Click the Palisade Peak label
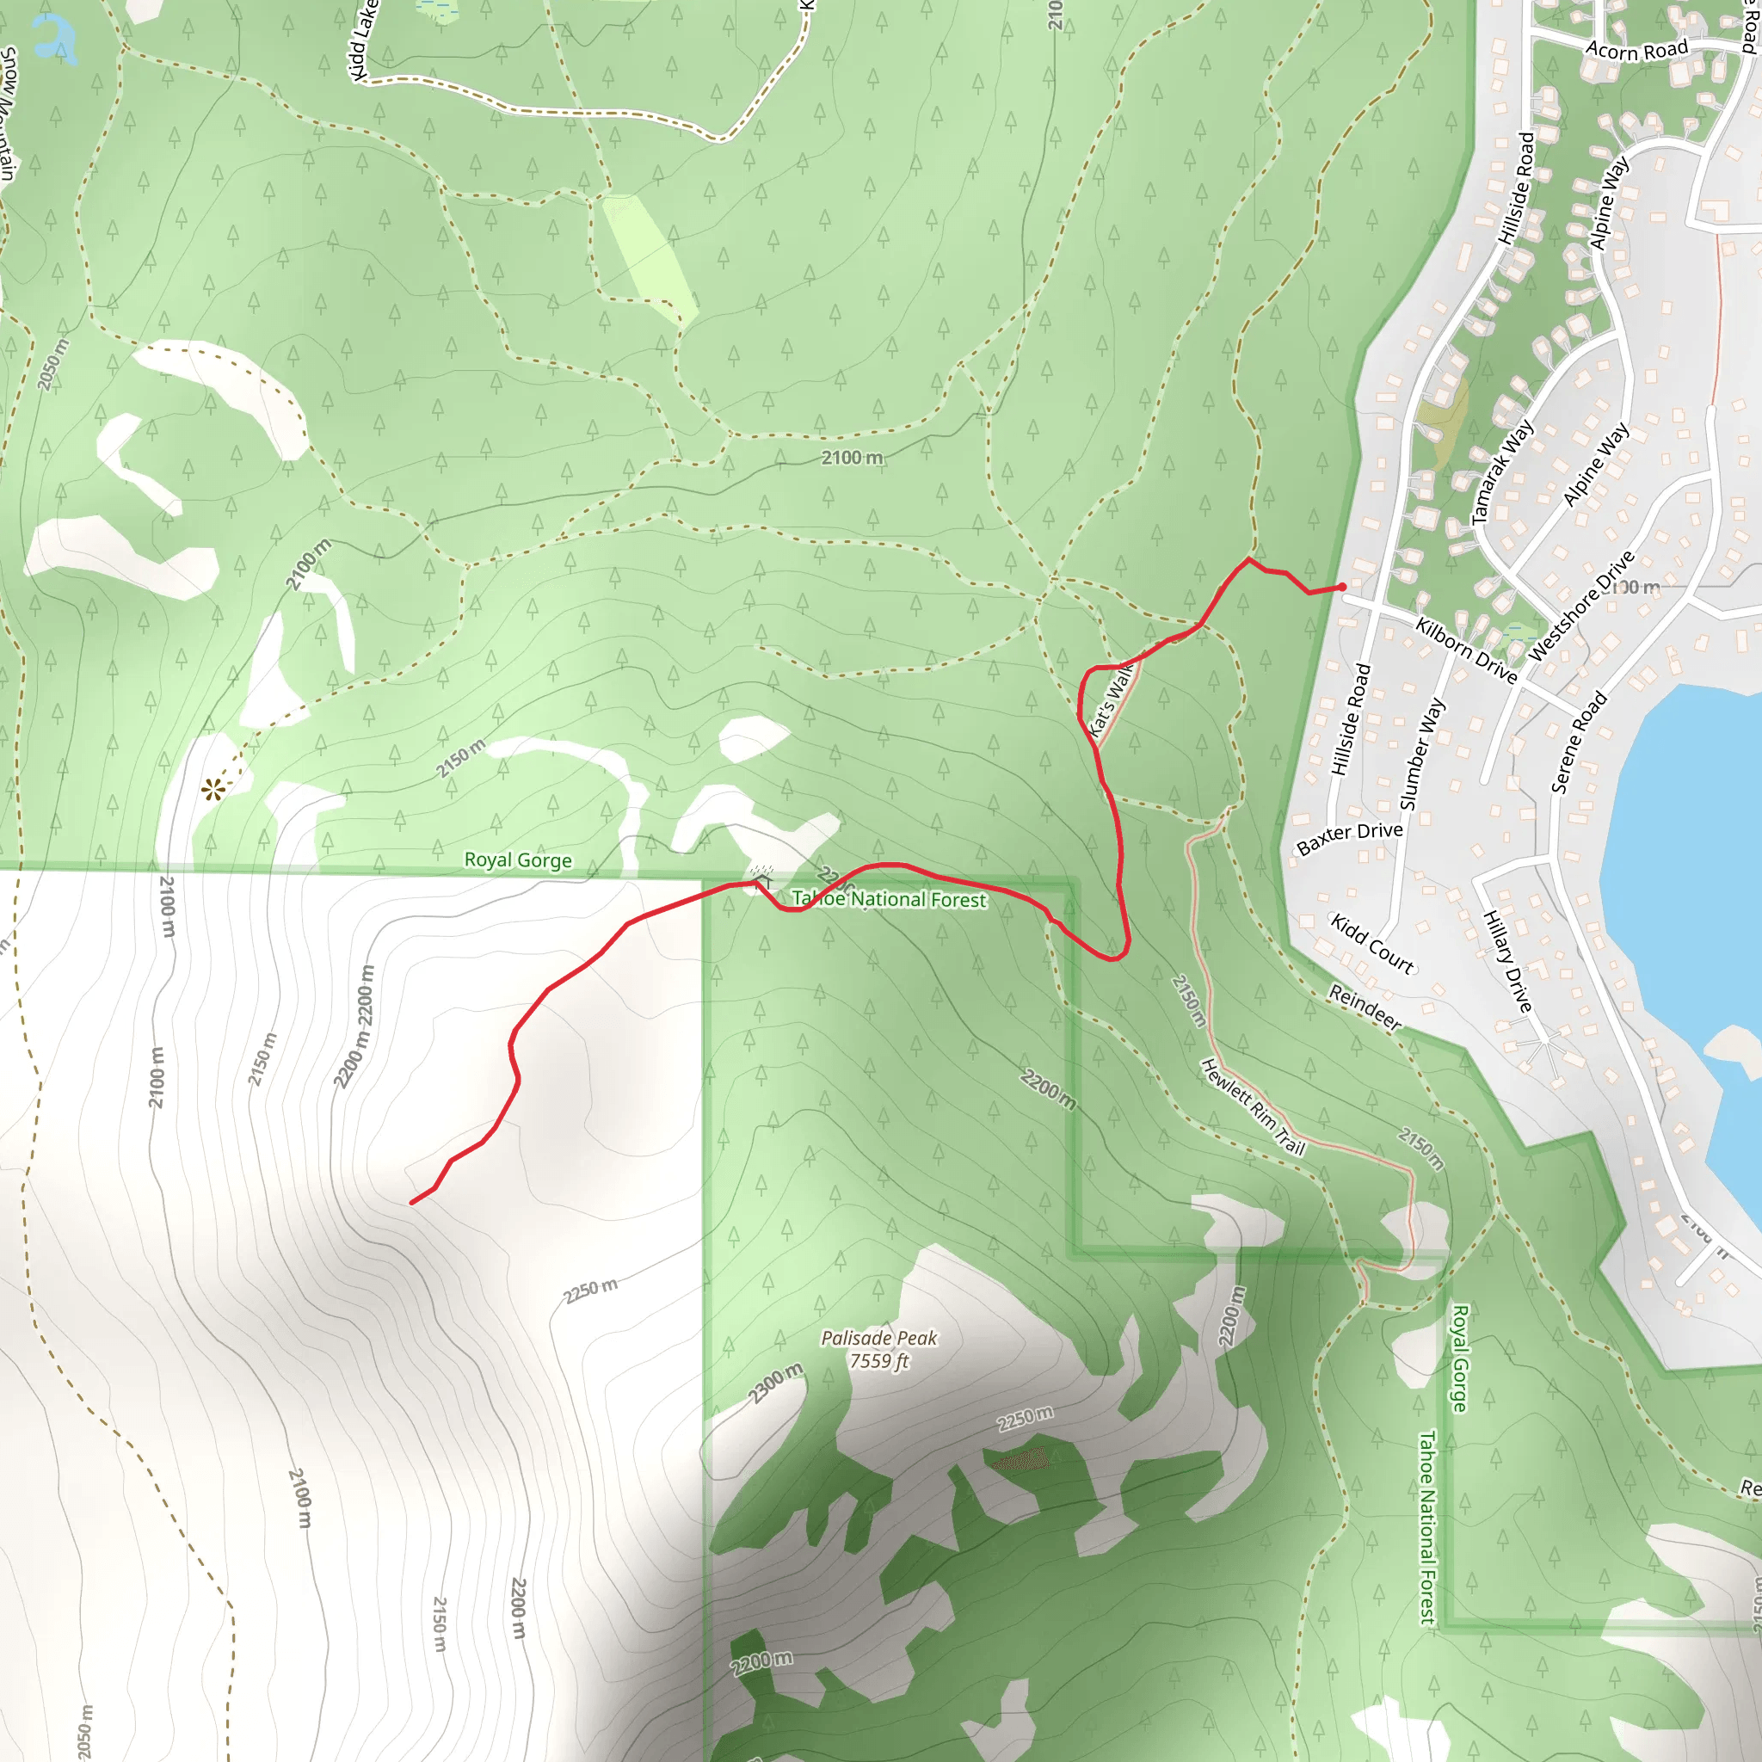pyautogui.click(x=878, y=1338)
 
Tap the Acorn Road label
pyautogui.click(x=1636, y=50)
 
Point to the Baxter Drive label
pyautogui.click(x=1349, y=836)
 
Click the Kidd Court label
pyautogui.click(x=1371, y=943)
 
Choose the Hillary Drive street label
pyautogui.click(x=1506, y=961)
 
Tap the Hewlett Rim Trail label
pyautogui.click(x=1252, y=1106)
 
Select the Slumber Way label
pyautogui.click(x=1422, y=754)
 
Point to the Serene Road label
pyautogui.click(x=1579, y=742)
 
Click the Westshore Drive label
pyautogui.click(x=1581, y=606)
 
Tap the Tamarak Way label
pyautogui.click(x=1503, y=471)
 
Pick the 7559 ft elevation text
pyautogui.click(x=879, y=1362)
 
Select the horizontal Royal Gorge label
pyautogui.click(x=518, y=860)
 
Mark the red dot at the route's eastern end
pyautogui.click(x=1341, y=587)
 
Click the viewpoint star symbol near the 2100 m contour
pyautogui.click(x=213, y=790)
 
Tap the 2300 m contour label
pyautogui.click(x=775, y=1383)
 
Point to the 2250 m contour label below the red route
pyautogui.click(x=590, y=1291)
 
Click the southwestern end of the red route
pyautogui.click(x=412, y=1203)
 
